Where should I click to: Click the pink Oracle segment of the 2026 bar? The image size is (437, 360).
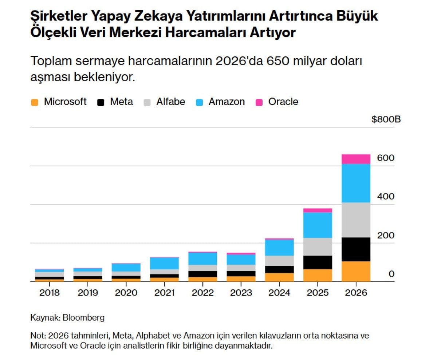click(356, 159)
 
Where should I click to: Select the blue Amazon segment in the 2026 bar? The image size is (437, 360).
click(356, 183)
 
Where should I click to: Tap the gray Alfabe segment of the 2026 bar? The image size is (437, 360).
click(356, 220)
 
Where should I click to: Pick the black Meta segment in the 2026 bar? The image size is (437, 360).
click(356, 249)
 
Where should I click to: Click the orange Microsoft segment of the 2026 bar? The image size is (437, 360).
click(356, 271)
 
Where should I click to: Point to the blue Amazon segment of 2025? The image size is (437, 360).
click(318, 225)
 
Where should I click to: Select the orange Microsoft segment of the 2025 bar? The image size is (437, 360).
click(318, 275)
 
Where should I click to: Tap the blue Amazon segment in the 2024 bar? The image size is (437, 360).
click(279, 248)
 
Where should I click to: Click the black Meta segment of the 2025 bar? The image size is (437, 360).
click(318, 262)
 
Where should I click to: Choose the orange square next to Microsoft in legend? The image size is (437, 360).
click(35, 102)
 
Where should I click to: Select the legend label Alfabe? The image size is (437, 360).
click(170, 102)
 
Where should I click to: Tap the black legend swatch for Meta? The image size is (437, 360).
click(101, 102)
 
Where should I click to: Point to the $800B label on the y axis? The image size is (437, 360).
click(386, 119)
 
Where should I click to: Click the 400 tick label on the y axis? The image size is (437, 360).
click(386, 197)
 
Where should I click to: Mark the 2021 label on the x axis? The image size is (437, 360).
click(165, 293)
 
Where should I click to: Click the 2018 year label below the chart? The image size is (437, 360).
click(50, 293)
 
